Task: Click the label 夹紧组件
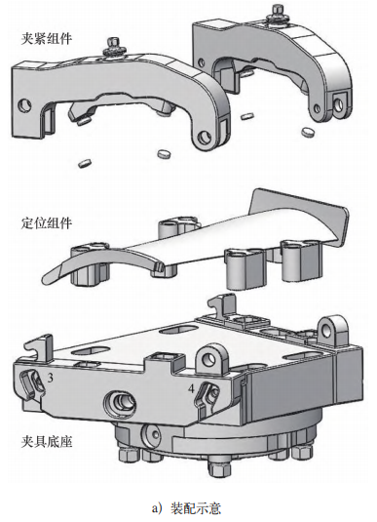tap(46, 38)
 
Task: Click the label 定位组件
tap(46, 222)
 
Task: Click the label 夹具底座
tap(46, 442)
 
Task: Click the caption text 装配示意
tap(196, 508)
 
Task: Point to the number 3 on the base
tap(50, 378)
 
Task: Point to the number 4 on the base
tap(191, 388)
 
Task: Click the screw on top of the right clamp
tap(277, 13)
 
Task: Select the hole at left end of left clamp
tap(24, 105)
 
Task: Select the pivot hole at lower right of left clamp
tap(205, 139)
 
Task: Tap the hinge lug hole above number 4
tap(209, 358)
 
